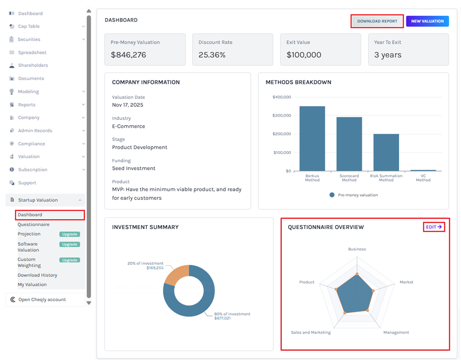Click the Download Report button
[377, 21]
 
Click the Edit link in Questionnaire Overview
[434, 227]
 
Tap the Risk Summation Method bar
[386, 153]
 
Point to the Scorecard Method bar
[349, 144]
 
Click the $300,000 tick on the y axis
[282, 116]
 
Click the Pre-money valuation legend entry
[353, 195]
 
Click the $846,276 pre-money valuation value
[129, 55]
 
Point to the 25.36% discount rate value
[212, 55]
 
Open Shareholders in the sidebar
[33, 65]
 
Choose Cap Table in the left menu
[29, 26]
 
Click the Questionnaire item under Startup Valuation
[33, 225]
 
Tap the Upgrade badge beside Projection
[70, 234]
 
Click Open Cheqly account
[42, 300]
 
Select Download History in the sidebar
[37, 275]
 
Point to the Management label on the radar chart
[396, 333]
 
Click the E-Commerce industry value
[128, 126]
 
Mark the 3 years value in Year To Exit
[388, 55]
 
